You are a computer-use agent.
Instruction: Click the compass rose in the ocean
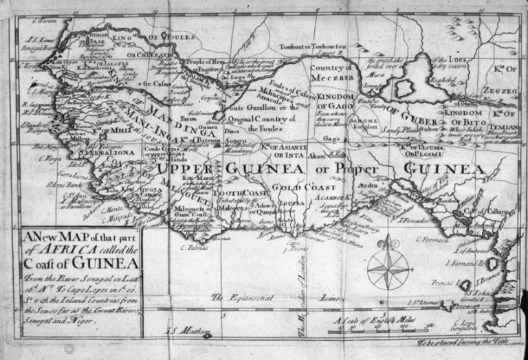click(x=389, y=268)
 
